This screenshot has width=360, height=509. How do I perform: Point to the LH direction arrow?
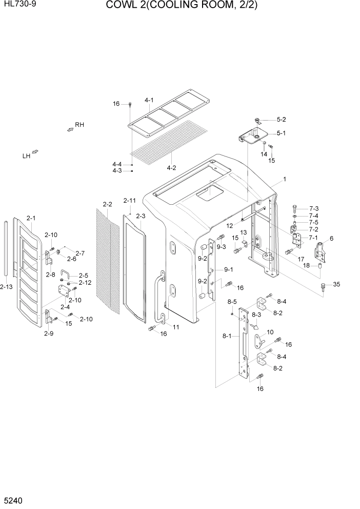[x=35, y=152]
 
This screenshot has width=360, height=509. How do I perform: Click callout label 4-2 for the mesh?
[x=171, y=167]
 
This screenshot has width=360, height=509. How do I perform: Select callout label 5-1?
[x=281, y=133]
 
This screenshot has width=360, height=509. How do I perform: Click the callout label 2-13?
[x=7, y=287]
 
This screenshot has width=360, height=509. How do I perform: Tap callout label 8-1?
[x=226, y=336]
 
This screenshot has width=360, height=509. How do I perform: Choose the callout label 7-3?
[x=314, y=208]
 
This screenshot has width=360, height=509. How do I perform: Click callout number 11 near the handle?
[x=176, y=327]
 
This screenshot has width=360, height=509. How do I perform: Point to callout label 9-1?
[x=228, y=269]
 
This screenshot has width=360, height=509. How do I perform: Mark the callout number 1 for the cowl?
[x=284, y=180]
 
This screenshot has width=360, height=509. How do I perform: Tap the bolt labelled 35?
[x=323, y=286]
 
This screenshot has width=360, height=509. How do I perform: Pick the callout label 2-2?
[x=107, y=204]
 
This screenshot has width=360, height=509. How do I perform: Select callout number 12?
[x=230, y=225]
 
